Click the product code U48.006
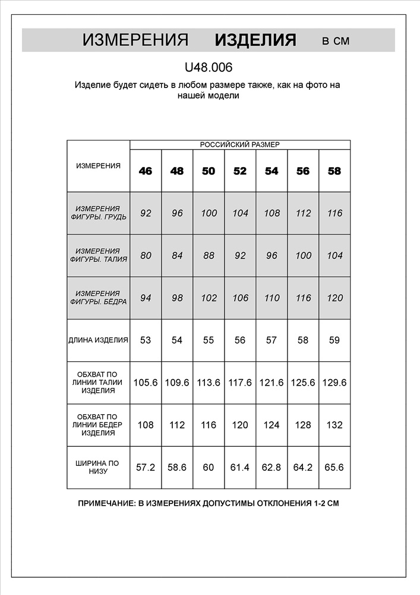point(209,68)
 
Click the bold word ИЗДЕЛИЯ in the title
point(255,40)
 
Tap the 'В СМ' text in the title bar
point(336,41)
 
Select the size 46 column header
point(146,171)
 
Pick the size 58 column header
point(334,171)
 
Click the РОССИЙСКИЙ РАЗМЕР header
point(239,145)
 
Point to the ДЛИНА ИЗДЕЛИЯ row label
point(99,340)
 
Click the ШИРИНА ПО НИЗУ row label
point(98,467)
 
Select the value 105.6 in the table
point(146,383)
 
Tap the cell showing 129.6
point(334,383)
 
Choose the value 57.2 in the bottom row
point(146,468)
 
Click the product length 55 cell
point(209,340)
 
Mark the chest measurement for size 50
point(209,213)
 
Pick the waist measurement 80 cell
point(146,255)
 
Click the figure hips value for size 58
point(334,298)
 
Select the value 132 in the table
point(334,425)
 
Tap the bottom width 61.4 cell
point(240,468)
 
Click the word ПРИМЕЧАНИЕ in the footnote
point(107,503)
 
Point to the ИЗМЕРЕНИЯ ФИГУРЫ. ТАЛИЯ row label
point(98,255)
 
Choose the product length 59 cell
point(334,340)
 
